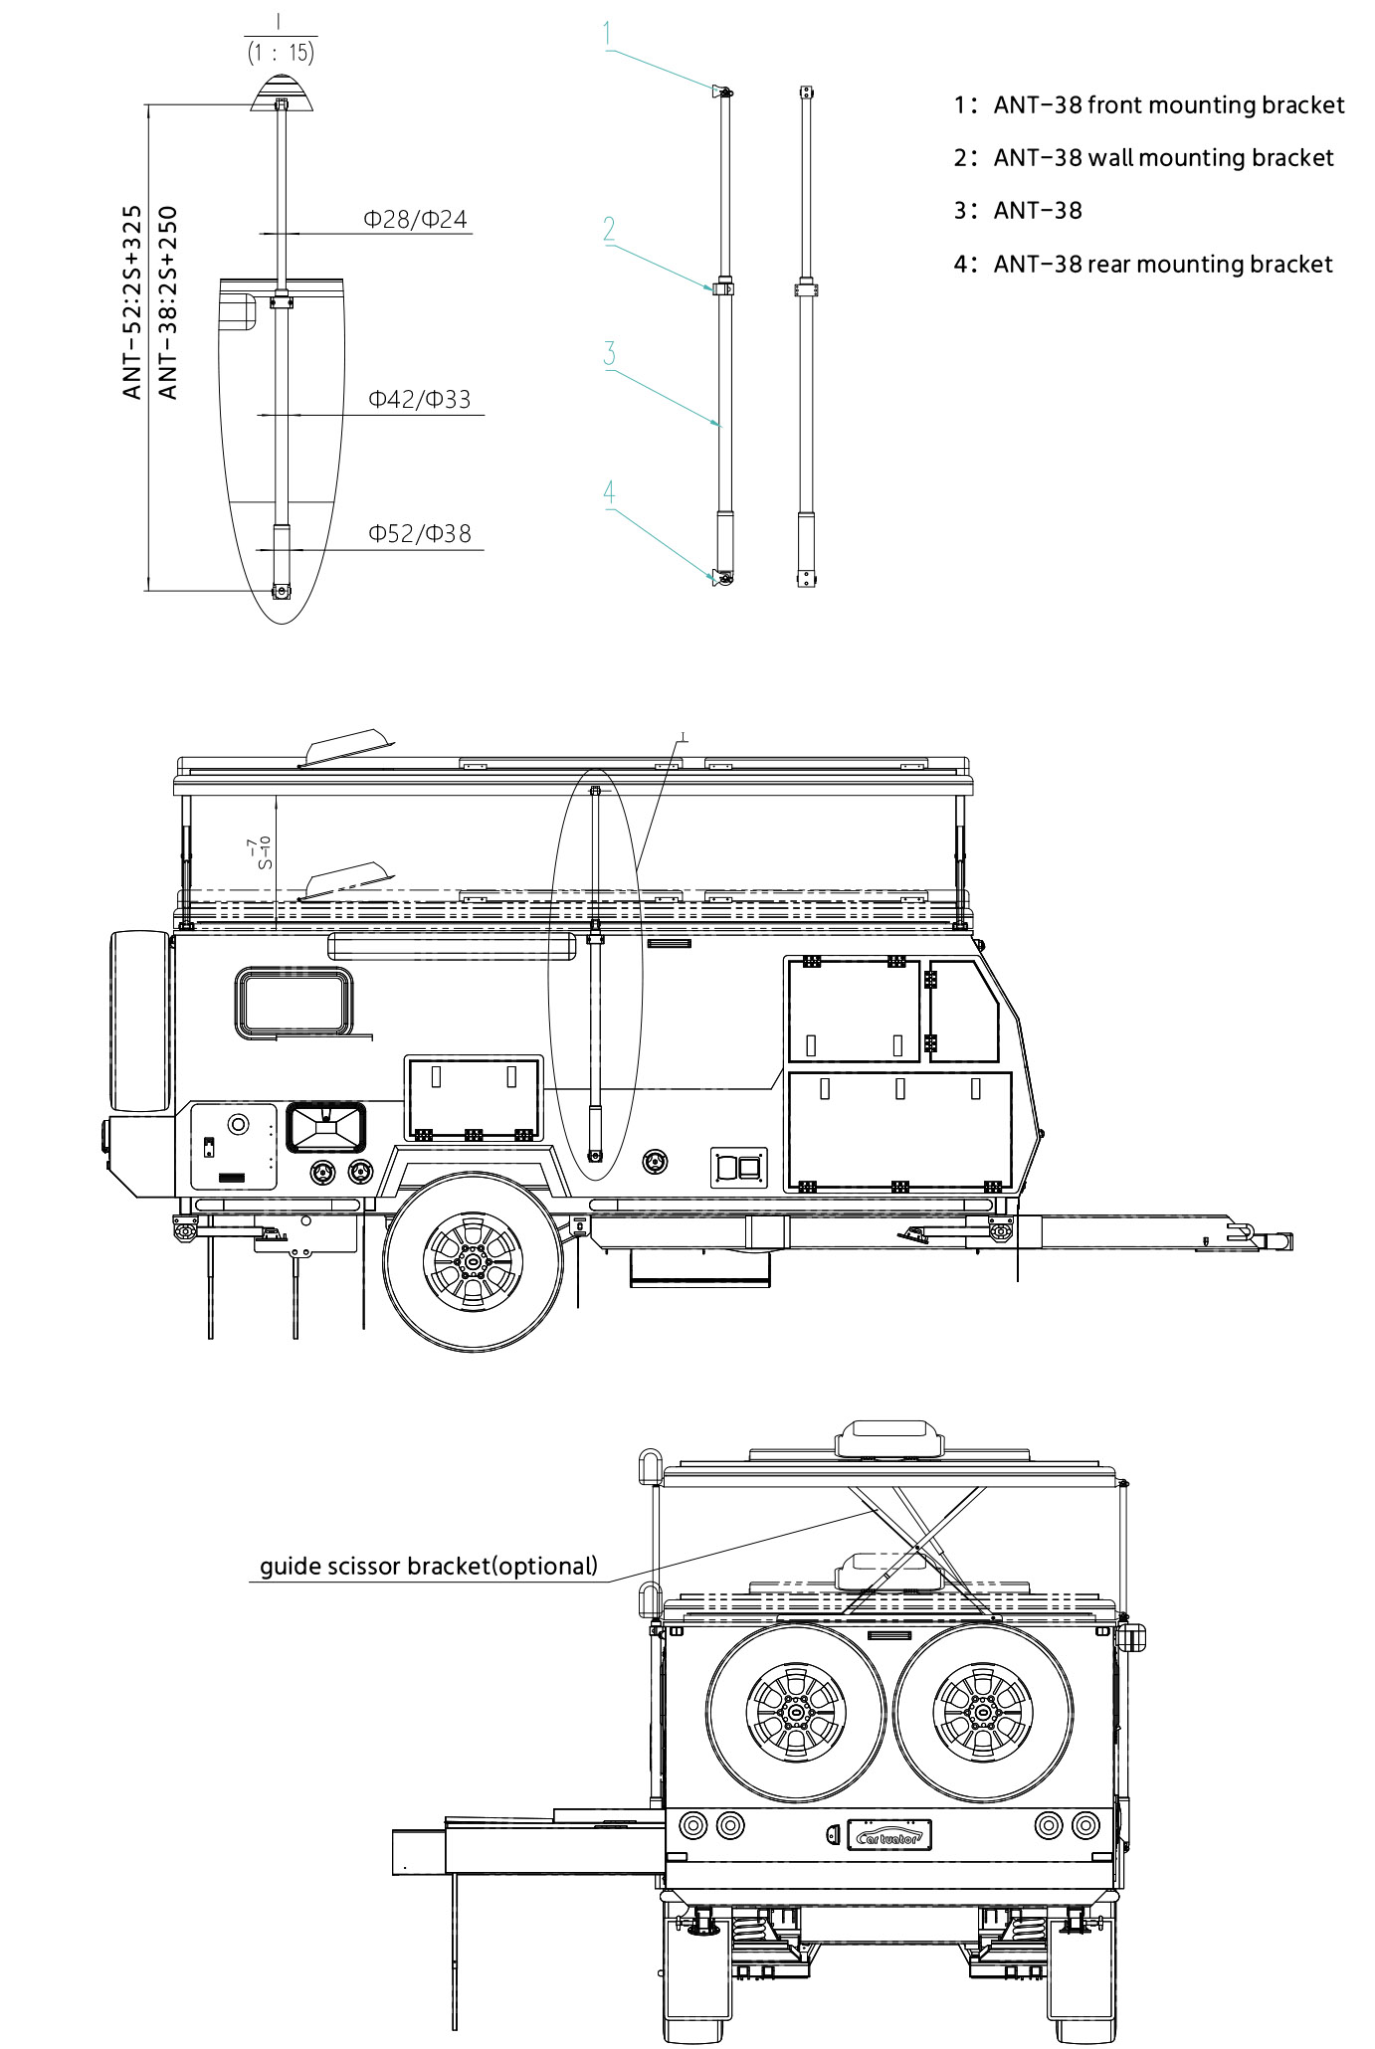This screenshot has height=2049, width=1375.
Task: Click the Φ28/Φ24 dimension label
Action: [415, 220]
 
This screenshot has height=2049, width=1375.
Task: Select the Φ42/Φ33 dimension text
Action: [419, 400]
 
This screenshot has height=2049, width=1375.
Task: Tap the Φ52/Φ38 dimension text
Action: [419, 534]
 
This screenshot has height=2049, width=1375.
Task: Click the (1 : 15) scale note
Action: [281, 53]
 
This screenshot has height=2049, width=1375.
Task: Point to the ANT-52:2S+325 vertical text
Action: [132, 302]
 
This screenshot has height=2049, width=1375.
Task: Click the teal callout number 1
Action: [608, 34]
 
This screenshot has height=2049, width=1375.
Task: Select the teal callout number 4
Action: [609, 492]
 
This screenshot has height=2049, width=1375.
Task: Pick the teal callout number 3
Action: [609, 354]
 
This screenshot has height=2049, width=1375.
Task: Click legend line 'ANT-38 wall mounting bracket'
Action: [1162, 158]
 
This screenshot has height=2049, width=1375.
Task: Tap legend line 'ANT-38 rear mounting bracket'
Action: [1162, 265]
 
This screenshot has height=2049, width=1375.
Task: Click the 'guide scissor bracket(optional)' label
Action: [429, 1567]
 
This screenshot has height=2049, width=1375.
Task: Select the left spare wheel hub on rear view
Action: [796, 1712]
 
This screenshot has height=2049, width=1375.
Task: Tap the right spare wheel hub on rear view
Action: [982, 1712]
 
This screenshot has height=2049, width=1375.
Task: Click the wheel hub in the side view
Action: [473, 1261]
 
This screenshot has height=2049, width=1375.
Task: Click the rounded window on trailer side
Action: [295, 1003]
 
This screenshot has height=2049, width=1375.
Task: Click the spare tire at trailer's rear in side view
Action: [140, 1021]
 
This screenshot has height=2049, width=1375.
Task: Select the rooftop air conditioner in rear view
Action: [888, 1439]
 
